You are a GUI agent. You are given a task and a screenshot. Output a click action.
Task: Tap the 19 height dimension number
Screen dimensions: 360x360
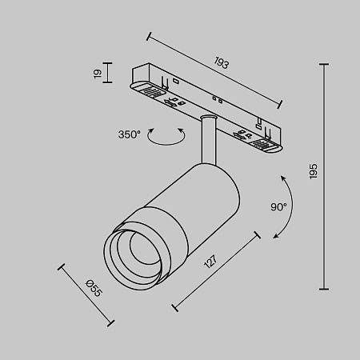(x=98, y=74)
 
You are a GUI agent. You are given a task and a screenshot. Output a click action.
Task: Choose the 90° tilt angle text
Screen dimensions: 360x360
(x=278, y=206)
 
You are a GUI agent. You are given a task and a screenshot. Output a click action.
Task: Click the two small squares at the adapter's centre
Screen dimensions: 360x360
(x=217, y=99)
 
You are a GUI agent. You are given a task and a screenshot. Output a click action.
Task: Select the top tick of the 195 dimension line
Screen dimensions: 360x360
(x=326, y=64)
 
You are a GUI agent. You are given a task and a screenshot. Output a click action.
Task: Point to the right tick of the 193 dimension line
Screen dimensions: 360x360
(x=280, y=102)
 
